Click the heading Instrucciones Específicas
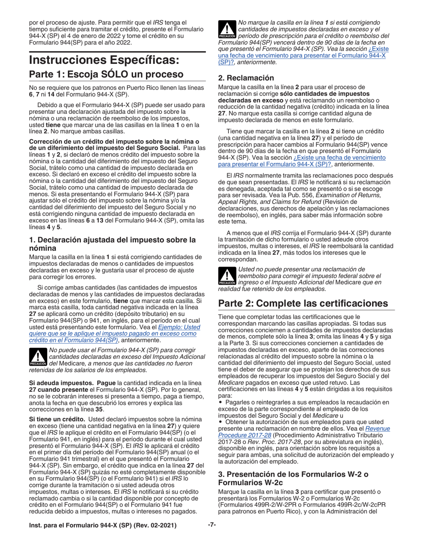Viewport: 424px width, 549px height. (x=104, y=60)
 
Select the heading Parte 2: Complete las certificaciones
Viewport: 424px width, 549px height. (x=303, y=303)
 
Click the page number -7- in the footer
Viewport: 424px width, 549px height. (x=212, y=524)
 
